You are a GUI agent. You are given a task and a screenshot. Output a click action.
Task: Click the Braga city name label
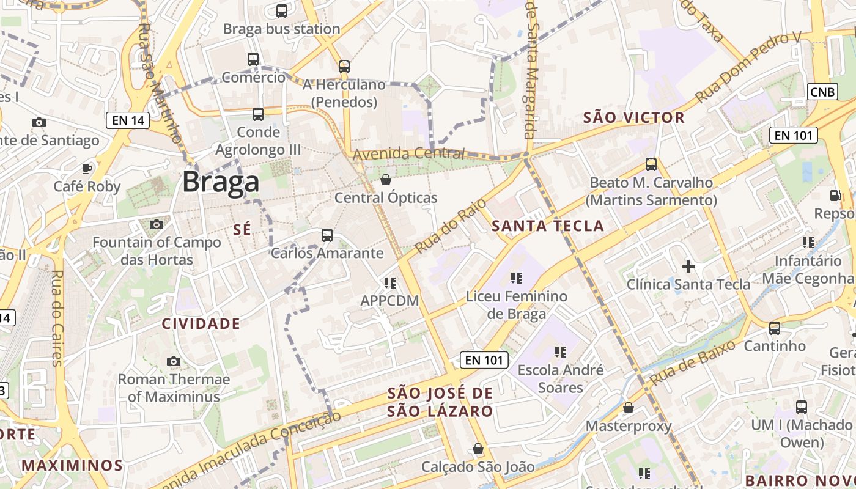click(x=221, y=182)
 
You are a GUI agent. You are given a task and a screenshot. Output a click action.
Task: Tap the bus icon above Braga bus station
click(x=282, y=10)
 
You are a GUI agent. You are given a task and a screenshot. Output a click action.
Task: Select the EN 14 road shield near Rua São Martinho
click(x=128, y=120)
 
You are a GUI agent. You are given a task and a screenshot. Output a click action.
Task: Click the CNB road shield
click(x=822, y=92)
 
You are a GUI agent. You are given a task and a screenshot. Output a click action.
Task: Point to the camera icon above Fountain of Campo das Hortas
click(x=157, y=224)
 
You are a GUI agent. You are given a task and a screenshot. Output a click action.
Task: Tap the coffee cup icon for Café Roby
click(x=87, y=168)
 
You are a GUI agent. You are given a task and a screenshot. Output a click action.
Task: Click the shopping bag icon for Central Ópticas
click(x=386, y=180)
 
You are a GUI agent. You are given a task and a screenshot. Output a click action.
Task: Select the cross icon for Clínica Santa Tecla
click(x=688, y=267)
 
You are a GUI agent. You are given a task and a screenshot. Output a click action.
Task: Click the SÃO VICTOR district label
click(x=634, y=117)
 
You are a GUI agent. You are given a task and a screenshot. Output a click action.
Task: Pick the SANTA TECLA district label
click(x=548, y=226)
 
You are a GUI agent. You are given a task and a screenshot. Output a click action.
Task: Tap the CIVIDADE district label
click(x=201, y=323)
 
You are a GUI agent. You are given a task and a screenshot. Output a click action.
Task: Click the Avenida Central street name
click(x=408, y=153)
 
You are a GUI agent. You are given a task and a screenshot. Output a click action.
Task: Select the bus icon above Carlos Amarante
click(x=327, y=235)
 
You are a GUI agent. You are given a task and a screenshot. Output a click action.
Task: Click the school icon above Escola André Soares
click(x=560, y=352)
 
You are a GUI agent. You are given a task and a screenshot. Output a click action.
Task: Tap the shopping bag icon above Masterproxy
click(x=628, y=408)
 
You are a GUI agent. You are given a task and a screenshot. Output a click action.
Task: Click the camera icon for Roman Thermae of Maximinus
click(x=174, y=361)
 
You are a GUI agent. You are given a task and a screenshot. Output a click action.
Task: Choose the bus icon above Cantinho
click(x=775, y=328)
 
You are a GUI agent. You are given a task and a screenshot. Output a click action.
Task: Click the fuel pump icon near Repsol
click(x=835, y=196)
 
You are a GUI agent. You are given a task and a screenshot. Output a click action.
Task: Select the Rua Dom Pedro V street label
click(x=748, y=68)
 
